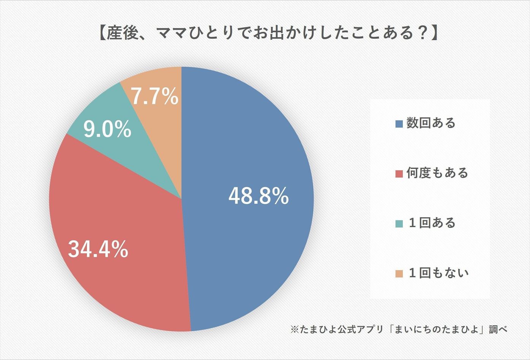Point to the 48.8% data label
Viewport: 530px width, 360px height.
pyautogui.click(x=259, y=196)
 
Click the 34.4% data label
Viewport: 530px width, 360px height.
pyautogui.click(x=98, y=249)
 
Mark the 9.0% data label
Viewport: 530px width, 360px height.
pyautogui.click(x=107, y=130)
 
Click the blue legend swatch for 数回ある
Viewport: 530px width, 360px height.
pyautogui.click(x=399, y=124)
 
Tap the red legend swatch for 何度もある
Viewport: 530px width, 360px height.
pyautogui.click(x=399, y=174)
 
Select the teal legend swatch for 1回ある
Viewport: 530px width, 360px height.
pyautogui.click(x=399, y=224)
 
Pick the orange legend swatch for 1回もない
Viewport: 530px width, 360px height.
pyautogui.click(x=399, y=274)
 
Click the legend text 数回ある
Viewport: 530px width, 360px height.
pyautogui.click(x=431, y=123)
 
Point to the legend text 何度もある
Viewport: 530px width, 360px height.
pyautogui.click(x=437, y=173)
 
